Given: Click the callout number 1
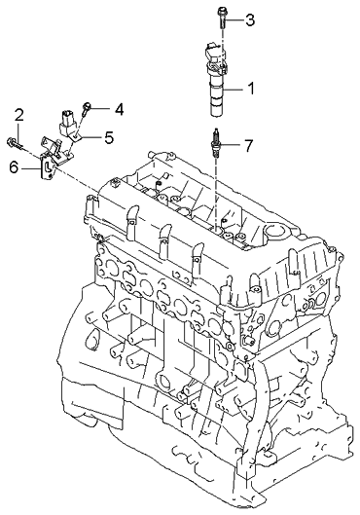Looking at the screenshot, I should [x=250, y=90].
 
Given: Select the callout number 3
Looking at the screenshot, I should [x=250, y=19].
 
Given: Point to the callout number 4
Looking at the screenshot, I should [x=118, y=107].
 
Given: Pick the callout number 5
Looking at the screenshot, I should [x=109, y=136].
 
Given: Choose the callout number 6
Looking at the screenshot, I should [x=14, y=167].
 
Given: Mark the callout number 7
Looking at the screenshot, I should [x=248, y=146].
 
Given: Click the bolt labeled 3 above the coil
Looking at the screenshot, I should [x=223, y=16].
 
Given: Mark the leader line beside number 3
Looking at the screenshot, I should [x=236, y=18].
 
